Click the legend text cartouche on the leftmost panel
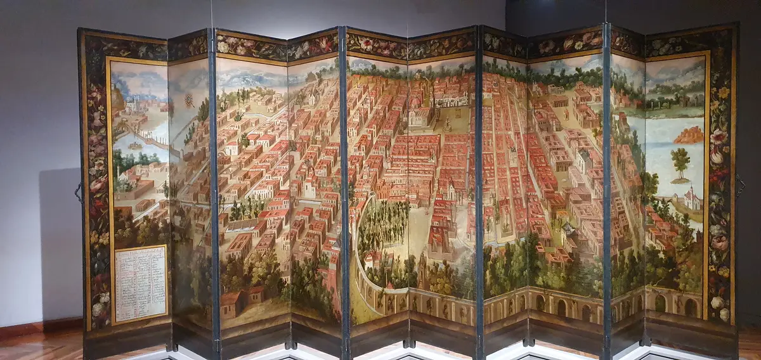(140, 283)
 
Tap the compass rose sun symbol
(188, 100)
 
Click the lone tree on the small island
(680, 162)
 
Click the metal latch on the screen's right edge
(739, 185)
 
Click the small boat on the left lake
(134, 145)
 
